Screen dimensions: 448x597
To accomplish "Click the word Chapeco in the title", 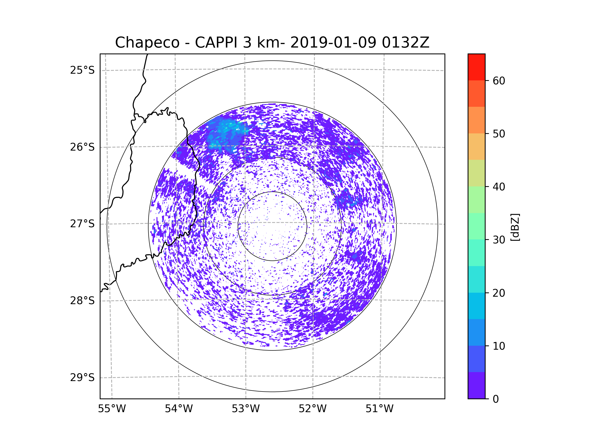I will tap(147, 43).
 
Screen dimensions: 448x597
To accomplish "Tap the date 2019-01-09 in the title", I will tap(333, 43).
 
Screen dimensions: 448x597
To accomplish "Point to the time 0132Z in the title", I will tap(405, 43).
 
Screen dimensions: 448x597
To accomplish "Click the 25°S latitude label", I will tap(82, 70).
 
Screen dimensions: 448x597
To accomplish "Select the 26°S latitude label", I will tap(82, 147).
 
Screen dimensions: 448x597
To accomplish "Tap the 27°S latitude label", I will tap(82, 224).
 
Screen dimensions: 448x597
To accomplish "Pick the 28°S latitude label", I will tap(82, 301).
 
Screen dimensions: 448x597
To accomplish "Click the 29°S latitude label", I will tap(82, 378).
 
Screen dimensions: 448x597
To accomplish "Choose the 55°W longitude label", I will tap(112, 409).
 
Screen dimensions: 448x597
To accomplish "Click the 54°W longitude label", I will tap(179, 409).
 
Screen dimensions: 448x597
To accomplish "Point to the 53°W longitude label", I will tap(246, 409).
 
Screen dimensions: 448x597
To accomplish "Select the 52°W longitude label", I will tap(312, 409).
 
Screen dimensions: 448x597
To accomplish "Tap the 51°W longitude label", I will tap(379, 409).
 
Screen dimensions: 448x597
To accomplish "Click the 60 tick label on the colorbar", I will tap(499, 81).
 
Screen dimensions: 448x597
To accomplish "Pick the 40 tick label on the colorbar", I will tap(499, 187).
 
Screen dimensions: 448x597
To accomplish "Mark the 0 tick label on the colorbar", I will tap(496, 399).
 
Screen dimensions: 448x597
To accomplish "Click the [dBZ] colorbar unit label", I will tap(515, 227).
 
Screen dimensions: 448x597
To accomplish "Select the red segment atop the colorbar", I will tap(476, 67).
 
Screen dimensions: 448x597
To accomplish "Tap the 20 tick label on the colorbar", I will tap(499, 293).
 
